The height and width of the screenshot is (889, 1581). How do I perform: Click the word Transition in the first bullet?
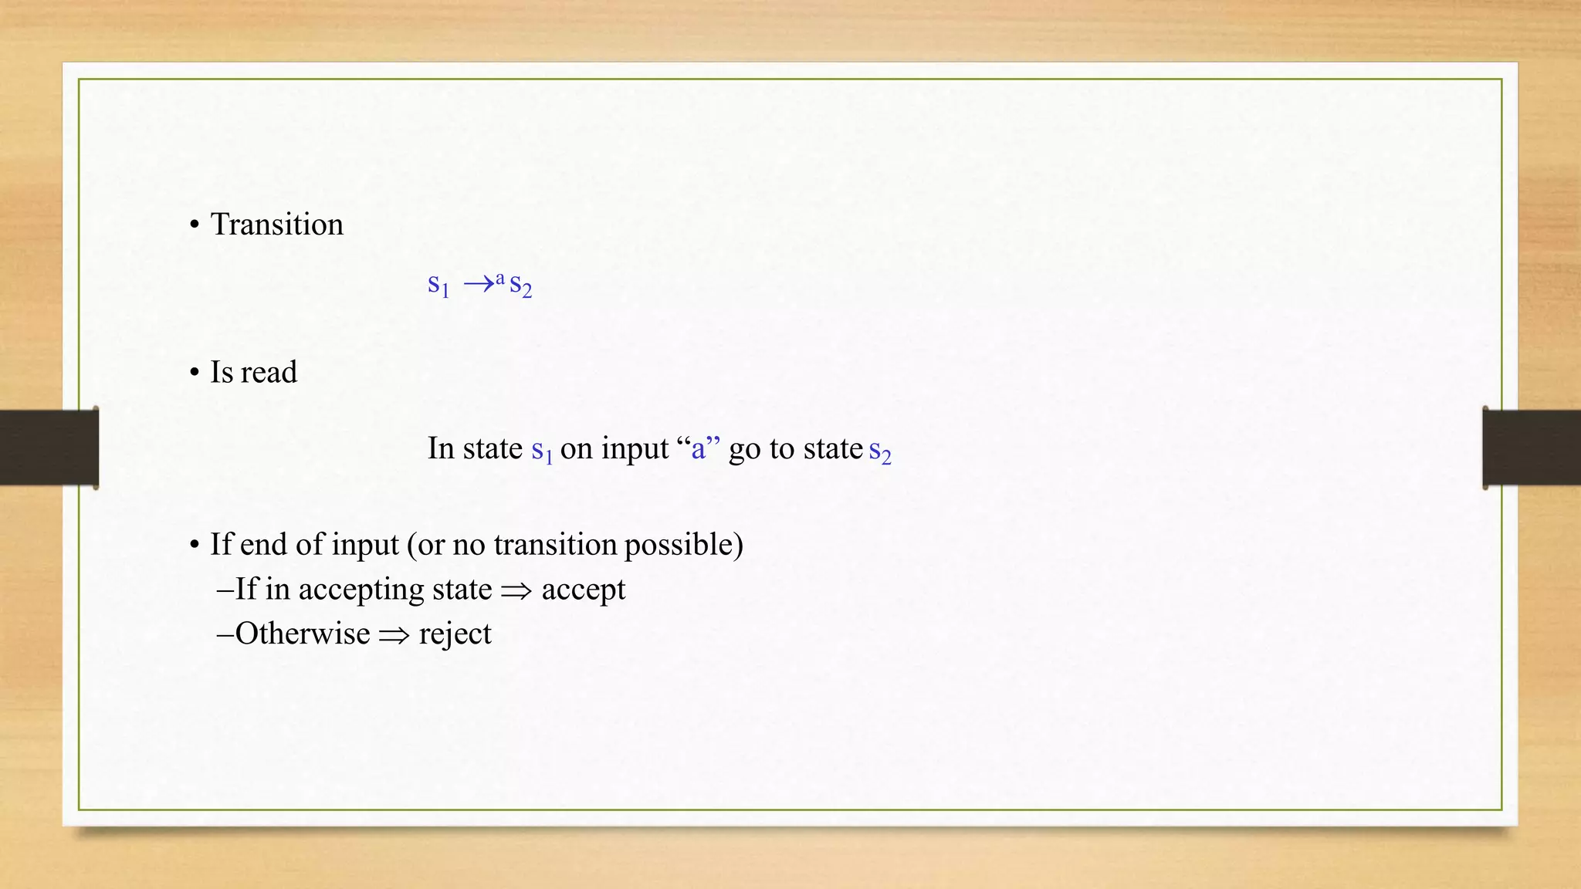[x=276, y=225]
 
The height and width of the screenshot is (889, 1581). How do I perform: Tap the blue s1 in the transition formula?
[x=438, y=285]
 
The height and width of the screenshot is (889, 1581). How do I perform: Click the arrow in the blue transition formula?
[x=479, y=285]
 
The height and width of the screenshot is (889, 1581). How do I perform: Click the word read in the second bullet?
[x=269, y=372]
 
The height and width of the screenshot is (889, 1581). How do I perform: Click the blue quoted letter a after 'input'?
[x=699, y=448]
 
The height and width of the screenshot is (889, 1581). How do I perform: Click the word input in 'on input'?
[x=635, y=449]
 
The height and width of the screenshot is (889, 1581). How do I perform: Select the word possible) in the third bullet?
[x=683, y=545]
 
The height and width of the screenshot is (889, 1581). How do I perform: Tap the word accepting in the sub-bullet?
[x=361, y=590]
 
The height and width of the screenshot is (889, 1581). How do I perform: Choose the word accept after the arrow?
[x=583, y=590]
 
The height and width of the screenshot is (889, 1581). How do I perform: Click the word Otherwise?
[x=303, y=634]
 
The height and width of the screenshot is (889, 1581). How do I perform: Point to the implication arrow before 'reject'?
[x=394, y=635]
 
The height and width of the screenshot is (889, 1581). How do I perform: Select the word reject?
[x=455, y=634]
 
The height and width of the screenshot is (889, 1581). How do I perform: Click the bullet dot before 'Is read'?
[x=195, y=373]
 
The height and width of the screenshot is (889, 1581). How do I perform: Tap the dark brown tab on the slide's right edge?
[x=1532, y=448]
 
